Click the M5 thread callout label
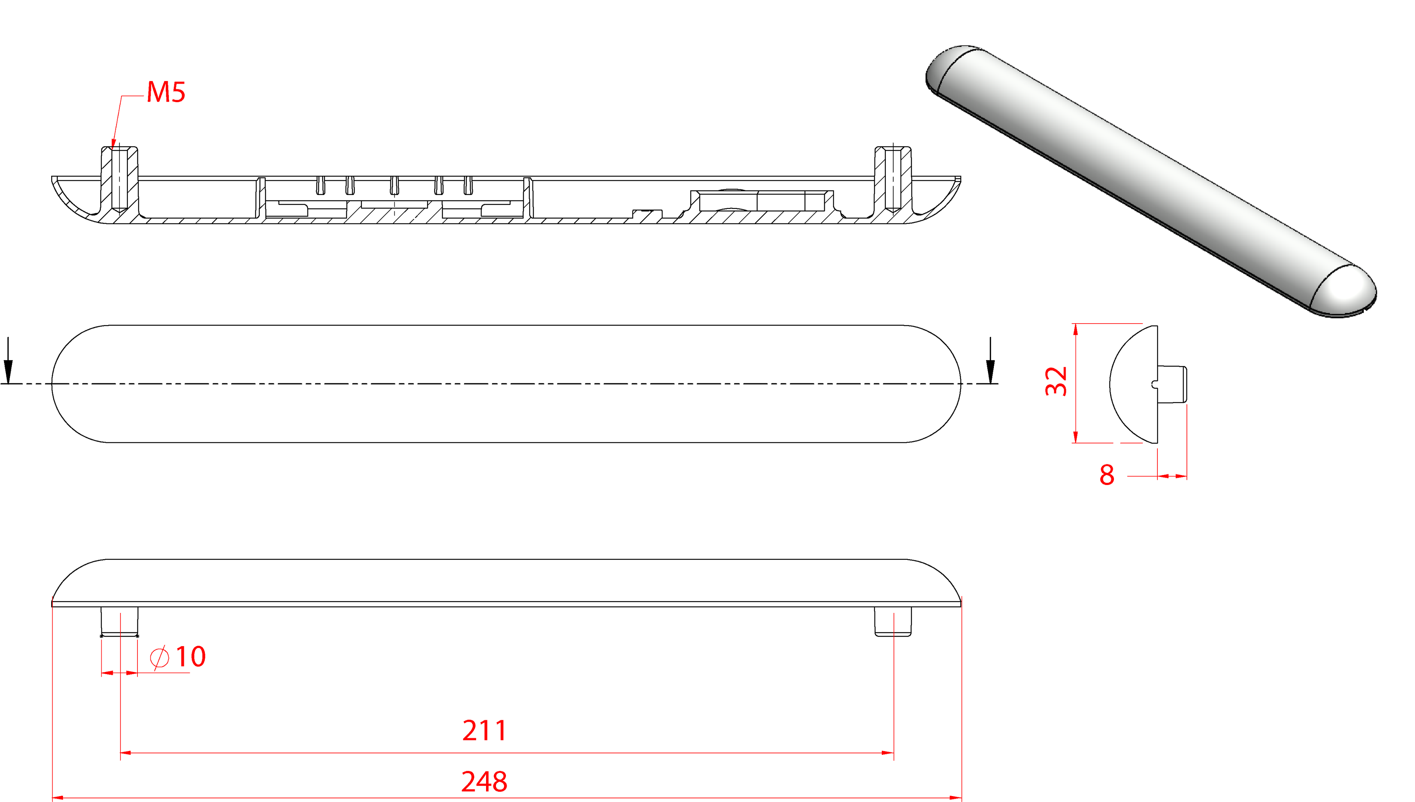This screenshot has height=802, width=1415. pos(166,92)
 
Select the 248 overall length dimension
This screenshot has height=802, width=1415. pos(484,782)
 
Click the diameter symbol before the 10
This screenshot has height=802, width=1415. pos(160,657)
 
